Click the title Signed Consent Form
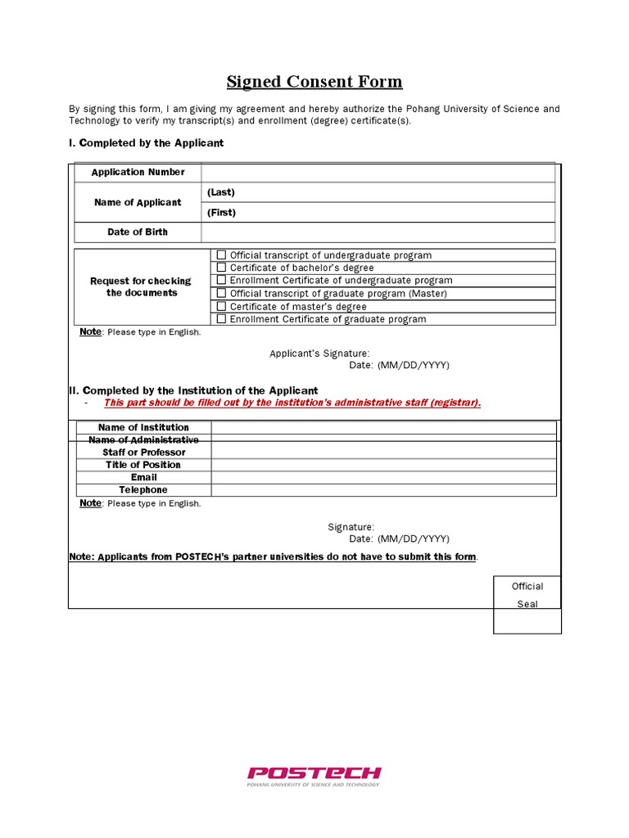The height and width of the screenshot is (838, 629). [x=314, y=82]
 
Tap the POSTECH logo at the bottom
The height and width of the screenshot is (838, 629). [x=314, y=774]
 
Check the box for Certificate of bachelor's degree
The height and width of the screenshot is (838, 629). [x=221, y=268]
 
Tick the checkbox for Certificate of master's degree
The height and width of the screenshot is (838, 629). [x=221, y=306]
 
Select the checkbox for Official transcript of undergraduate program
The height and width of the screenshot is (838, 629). [x=221, y=255]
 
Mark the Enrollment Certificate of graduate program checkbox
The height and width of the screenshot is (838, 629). [x=221, y=319]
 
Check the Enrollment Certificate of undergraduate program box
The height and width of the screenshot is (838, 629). [x=221, y=280]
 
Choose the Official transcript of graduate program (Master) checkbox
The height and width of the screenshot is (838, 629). [x=221, y=293]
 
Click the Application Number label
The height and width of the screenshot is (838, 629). [x=138, y=172]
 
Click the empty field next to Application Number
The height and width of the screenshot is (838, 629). [x=377, y=172]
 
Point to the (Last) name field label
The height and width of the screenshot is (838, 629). [x=221, y=192]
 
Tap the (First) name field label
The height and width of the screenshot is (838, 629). [x=221, y=213]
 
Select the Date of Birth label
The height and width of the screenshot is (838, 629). [x=138, y=232]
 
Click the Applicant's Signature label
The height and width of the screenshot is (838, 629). [x=314, y=354]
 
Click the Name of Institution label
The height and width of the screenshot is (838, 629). [x=143, y=427]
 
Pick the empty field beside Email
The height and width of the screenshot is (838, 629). [x=383, y=477]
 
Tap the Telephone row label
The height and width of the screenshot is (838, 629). [x=143, y=490]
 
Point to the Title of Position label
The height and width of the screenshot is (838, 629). [x=143, y=465]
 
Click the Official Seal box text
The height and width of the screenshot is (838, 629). [x=527, y=595]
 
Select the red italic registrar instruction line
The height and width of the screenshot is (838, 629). [x=292, y=403]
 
